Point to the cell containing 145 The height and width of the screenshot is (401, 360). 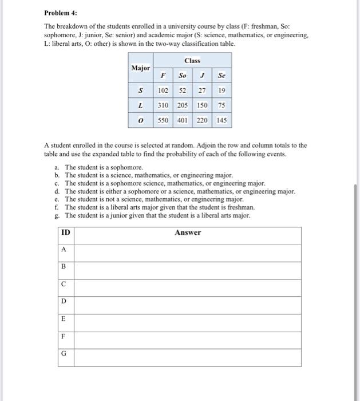(x=221, y=121)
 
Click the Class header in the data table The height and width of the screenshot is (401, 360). (x=193, y=60)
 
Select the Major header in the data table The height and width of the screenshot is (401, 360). (x=141, y=68)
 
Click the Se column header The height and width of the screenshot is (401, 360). (x=221, y=75)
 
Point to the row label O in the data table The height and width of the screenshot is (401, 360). (x=141, y=121)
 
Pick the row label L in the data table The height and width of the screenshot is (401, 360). (x=141, y=105)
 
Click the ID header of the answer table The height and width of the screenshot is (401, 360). (x=66, y=232)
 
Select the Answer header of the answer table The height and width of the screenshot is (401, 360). (x=188, y=232)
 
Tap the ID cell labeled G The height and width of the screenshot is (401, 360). (x=64, y=353)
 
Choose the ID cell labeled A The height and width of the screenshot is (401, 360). (x=64, y=249)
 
